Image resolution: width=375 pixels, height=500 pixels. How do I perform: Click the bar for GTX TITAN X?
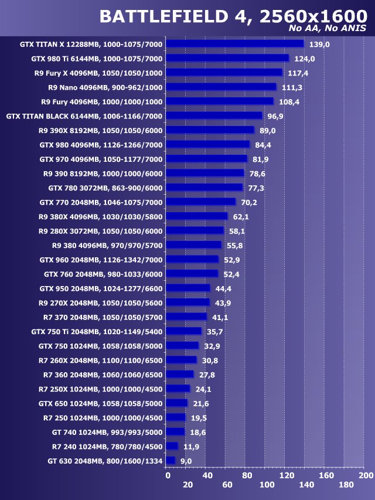[x=234, y=44]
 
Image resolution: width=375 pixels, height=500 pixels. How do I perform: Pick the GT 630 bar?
[x=171, y=461]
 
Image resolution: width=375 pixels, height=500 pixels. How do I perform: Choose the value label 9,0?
[x=186, y=461]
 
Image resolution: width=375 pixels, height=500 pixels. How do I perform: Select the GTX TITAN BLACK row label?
[x=84, y=116]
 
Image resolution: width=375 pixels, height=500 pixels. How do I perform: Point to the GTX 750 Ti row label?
[x=97, y=332]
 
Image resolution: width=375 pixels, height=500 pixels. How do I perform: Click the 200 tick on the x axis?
[x=366, y=475]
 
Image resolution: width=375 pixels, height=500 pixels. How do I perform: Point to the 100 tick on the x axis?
[x=267, y=485]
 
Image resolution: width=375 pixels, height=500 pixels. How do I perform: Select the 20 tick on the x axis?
[x=187, y=485]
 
